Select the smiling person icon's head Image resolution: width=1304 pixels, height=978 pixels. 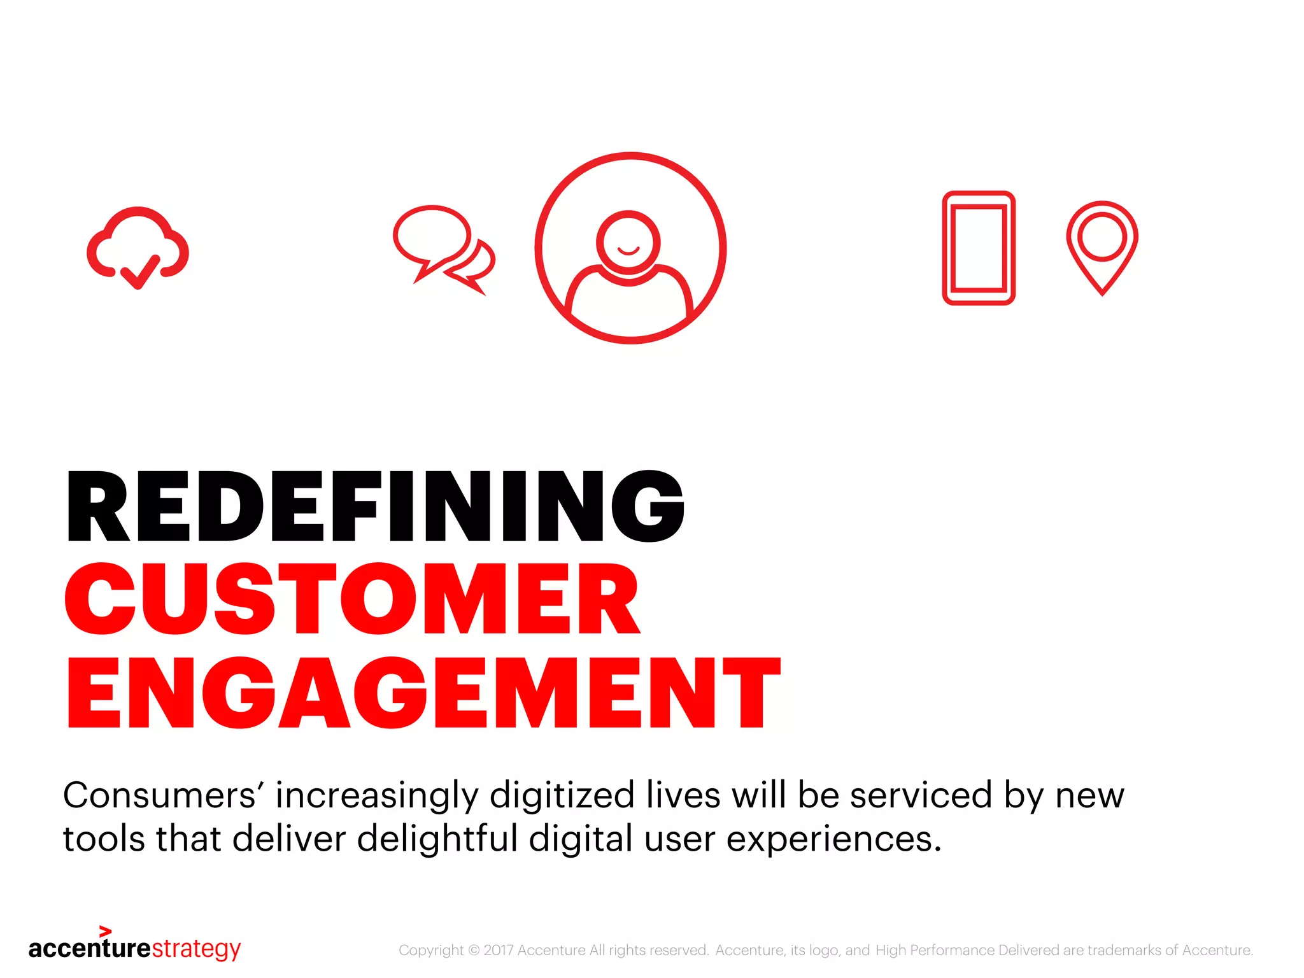coord(628,243)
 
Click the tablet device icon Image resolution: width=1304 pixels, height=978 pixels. coord(979,248)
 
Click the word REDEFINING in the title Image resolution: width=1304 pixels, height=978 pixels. coord(376,507)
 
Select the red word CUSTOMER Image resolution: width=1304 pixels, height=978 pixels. coord(352,599)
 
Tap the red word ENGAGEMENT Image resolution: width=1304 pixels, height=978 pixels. coord(423,693)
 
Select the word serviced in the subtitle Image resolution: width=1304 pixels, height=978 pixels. coord(921,796)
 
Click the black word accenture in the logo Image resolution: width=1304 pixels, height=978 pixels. coord(90,949)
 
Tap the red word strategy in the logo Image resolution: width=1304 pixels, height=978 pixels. coord(196,949)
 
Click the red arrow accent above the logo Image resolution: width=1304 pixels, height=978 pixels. coord(106,932)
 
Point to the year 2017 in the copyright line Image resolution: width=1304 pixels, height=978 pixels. coord(499,951)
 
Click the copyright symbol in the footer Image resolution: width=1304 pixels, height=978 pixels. coord(474,951)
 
